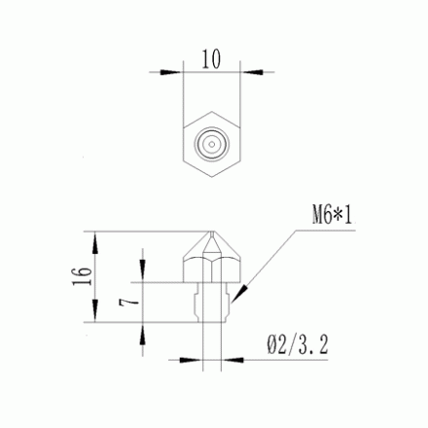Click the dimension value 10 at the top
(x=212, y=57)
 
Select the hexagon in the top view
(x=212, y=143)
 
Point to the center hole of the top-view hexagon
(x=212, y=143)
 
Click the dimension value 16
(x=82, y=278)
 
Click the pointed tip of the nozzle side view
(x=212, y=233)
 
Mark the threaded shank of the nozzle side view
(x=212, y=302)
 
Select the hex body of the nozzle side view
(x=212, y=263)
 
